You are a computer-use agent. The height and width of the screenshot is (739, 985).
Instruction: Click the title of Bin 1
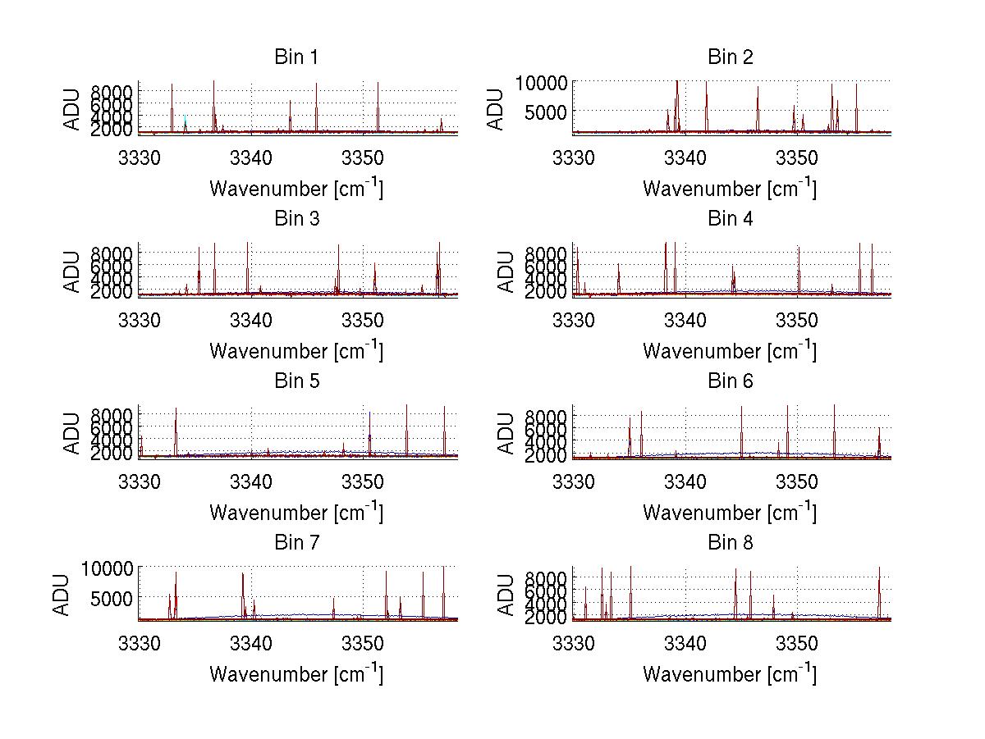tap(296, 57)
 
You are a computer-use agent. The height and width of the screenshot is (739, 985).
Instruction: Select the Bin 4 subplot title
tap(730, 219)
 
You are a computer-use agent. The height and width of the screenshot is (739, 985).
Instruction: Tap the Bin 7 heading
tap(296, 543)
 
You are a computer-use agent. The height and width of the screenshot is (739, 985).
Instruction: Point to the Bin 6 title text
tap(730, 381)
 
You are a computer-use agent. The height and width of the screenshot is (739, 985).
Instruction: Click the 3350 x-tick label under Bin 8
tap(797, 642)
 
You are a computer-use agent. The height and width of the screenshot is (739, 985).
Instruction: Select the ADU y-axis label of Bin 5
tap(73, 431)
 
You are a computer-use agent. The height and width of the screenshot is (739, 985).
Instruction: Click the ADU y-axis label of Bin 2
tap(497, 107)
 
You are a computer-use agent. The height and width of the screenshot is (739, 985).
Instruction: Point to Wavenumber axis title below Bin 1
tap(296, 189)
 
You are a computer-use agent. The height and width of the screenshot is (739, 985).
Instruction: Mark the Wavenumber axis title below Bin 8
tap(730, 674)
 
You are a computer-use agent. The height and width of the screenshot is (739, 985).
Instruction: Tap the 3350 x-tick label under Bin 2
tap(797, 157)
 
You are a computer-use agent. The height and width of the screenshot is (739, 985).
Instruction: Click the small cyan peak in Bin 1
tap(186, 121)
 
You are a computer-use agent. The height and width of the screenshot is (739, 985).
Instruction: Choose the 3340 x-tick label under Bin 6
tap(685, 480)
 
